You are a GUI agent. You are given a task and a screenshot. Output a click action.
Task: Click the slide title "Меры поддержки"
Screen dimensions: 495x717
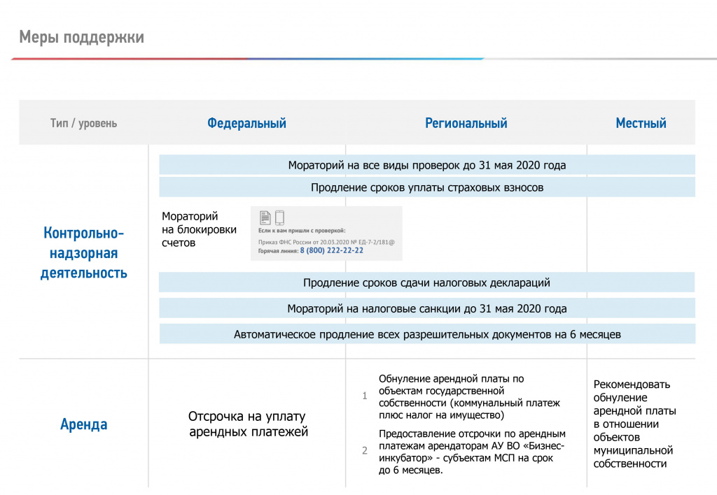click(x=81, y=37)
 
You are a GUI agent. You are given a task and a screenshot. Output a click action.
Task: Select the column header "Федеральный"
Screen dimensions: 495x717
click(x=246, y=124)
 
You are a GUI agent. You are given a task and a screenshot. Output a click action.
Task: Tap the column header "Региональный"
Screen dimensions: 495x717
click(x=466, y=124)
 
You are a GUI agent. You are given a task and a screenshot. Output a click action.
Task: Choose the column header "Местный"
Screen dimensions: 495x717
click(x=641, y=124)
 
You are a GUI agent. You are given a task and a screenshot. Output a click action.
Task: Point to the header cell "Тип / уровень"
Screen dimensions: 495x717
click(x=83, y=124)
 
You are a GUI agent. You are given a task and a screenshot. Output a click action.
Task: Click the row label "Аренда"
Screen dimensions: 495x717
click(x=84, y=424)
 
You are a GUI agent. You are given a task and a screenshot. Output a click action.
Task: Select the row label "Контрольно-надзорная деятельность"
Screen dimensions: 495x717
click(x=84, y=252)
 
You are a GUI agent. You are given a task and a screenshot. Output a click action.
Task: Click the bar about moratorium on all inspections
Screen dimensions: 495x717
click(x=426, y=166)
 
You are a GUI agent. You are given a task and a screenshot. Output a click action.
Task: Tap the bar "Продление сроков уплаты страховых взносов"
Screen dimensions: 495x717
click(x=426, y=187)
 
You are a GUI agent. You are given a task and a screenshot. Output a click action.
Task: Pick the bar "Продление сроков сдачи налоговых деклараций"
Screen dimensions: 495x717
click(x=426, y=282)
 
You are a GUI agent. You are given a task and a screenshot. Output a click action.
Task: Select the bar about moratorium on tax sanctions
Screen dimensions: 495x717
click(x=426, y=308)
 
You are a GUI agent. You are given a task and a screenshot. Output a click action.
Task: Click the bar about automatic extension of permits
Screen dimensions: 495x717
click(x=426, y=334)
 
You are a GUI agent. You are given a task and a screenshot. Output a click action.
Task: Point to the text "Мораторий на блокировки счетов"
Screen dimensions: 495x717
click(x=199, y=229)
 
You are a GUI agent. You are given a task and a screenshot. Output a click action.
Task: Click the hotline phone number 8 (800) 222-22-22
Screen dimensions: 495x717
click(x=331, y=250)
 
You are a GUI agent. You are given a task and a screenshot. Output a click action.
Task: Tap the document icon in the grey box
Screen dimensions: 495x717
click(x=265, y=217)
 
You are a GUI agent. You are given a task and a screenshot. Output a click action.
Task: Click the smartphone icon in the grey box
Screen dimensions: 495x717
click(x=279, y=217)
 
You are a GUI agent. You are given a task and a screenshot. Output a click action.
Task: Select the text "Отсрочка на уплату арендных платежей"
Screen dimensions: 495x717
click(x=248, y=424)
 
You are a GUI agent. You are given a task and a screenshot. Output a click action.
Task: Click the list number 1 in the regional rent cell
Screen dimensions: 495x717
click(x=364, y=396)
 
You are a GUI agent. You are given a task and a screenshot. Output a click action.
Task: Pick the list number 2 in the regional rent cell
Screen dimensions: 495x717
click(x=364, y=451)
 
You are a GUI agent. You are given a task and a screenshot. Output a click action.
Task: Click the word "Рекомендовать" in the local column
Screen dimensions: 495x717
click(x=632, y=384)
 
